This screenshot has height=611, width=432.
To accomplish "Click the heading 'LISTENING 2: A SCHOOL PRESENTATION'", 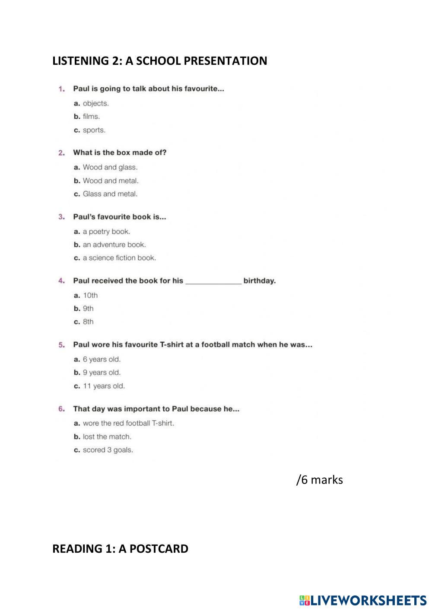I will [159, 61].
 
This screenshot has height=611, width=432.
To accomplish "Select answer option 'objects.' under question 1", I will [95, 104].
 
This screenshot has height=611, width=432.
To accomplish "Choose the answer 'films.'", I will [91, 117].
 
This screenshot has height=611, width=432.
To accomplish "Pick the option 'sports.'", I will [94, 130].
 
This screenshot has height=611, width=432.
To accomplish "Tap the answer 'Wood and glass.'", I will [110, 167].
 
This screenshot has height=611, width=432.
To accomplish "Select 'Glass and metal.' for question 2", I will [110, 194].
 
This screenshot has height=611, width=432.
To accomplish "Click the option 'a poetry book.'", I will [106, 232].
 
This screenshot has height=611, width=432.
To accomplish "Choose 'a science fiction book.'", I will [119, 258].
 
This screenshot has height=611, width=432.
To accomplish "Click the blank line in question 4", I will [213, 282].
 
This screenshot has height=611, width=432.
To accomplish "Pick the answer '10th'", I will [90, 296].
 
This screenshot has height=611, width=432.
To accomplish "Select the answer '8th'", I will [88, 322].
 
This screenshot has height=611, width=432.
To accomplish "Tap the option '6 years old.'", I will [102, 360].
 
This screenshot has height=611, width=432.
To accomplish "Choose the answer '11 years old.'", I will [104, 386].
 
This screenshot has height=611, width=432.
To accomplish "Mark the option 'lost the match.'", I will [107, 437].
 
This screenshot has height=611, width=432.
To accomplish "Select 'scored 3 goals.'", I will [108, 450].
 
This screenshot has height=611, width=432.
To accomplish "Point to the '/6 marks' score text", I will [319, 480].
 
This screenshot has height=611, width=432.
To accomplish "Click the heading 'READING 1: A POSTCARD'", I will [120, 549].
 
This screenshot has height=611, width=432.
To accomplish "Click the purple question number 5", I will [61, 345].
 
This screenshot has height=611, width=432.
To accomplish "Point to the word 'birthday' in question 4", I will [259, 281].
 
